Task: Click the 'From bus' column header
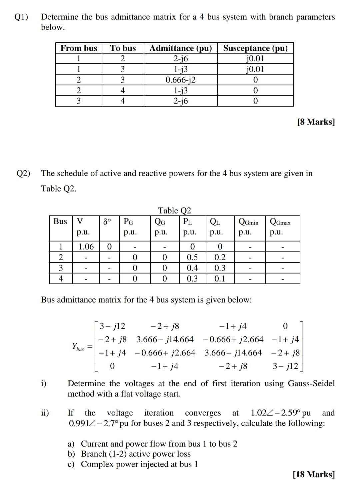point(79,48)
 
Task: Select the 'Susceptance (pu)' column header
point(255,48)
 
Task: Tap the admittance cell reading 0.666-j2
point(180,80)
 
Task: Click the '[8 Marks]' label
point(316,122)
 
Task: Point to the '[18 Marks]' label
point(314,474)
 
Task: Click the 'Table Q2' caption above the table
point(174,210)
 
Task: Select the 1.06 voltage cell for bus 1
point(86,247)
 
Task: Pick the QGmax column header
point(280,222)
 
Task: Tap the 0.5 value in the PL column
point(192,258)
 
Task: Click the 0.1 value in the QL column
point(220,279)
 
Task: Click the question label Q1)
point(22,17)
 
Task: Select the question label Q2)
point(23,173)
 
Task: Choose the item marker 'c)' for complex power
point(71,464)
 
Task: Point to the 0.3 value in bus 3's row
point(220,268)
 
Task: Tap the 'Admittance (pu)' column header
point(180,48)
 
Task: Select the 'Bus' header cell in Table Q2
point(60,221)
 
